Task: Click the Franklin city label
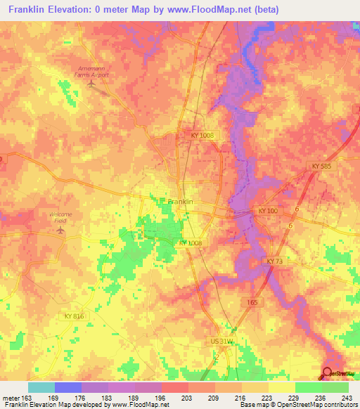tap(181, 202)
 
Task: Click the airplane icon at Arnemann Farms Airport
tap(91, 84)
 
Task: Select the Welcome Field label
tap(60, 216)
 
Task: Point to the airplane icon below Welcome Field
tap(60, 229)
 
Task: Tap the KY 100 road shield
tap(268, 211)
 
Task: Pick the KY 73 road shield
tap(274, 261)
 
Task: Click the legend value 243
tap(349, 397)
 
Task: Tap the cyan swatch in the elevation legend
tap(41, 387)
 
